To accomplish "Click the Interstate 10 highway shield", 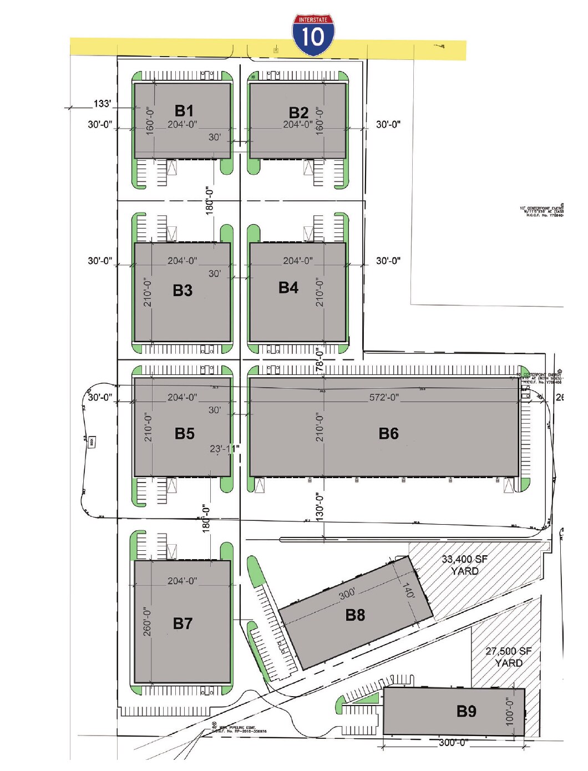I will tap(313, 35).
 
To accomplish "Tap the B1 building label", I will tap(184, 110).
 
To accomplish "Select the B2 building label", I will tap(298, 113).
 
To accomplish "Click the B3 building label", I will tap(183, 290).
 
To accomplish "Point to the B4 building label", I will tap(288, 287).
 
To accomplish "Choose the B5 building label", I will tap(184, 433).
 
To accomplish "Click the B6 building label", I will tap(388, 433).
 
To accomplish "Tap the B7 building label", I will tap(183, 623).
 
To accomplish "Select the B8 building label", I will tap(355, 615).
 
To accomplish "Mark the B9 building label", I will tap(466, 711).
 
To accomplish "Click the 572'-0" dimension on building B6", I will tap(384, 397).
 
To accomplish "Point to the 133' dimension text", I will tap(102, 104).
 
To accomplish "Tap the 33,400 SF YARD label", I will tap(464, 565).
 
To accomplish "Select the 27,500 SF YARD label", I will tap(508, 657).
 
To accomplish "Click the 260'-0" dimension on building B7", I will tap(147, 621).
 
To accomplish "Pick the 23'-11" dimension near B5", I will tap(225, 449).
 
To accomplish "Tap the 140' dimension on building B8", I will tap(408, 590).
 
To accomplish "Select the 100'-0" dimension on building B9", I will tap(510, 711).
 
